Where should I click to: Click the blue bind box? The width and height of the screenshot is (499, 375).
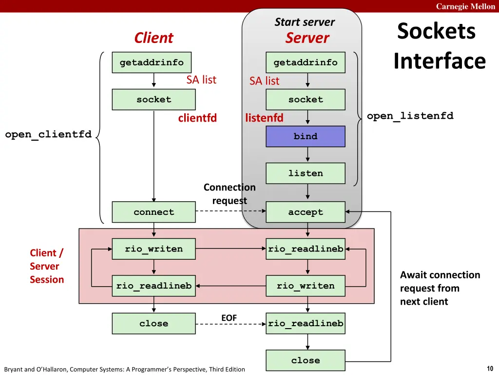[306, 136]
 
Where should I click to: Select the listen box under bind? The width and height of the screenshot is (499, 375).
[306, 173]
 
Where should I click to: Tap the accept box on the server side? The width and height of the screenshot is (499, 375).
[306, 212]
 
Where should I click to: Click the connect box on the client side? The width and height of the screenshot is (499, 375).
[154, 212]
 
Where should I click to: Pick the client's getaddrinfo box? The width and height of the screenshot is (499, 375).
[152, 62]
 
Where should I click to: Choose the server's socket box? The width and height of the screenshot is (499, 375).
[306, 99]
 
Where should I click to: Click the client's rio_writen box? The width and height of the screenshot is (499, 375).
[154, 249]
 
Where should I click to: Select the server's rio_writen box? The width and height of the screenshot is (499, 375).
[306, 286]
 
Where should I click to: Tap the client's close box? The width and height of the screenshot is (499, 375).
[154, 323]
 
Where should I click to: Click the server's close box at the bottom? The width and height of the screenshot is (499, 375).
[306, 360]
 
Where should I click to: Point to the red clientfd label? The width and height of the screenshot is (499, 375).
[197, 118]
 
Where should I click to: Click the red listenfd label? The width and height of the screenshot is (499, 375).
[264, 118]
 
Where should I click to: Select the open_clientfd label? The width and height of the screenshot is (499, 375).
[48, 134]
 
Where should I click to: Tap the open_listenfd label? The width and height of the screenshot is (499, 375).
[410, 116]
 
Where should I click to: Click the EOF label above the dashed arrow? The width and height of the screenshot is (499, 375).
[229, 318]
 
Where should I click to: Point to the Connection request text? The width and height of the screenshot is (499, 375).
[230, 194]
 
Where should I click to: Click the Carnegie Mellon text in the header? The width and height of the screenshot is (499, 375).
[465, 6]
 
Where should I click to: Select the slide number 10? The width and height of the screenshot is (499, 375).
[490, 368]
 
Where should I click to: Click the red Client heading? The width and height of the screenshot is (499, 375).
[154, 38]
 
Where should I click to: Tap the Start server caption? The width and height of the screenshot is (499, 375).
[305, 22]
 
